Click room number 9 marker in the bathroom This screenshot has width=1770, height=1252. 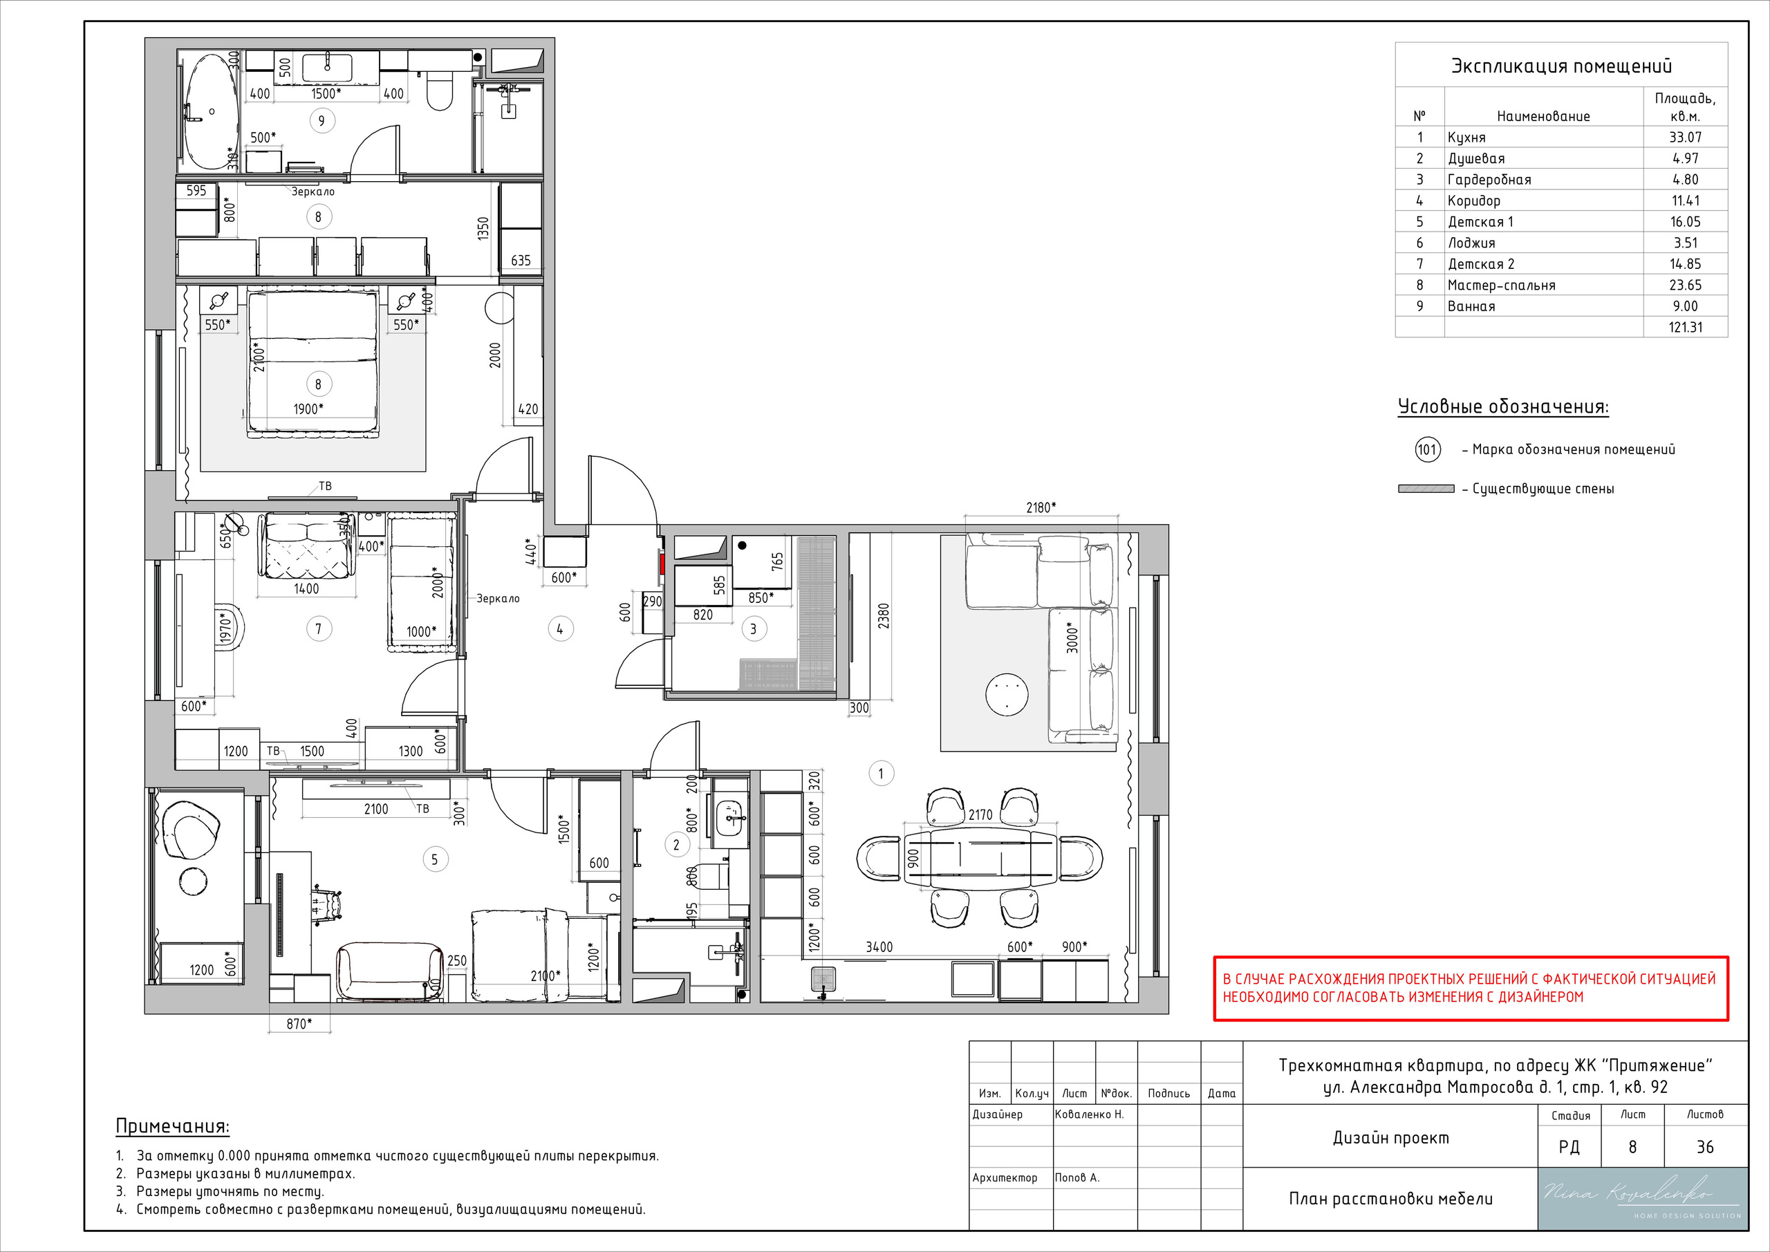tap(322, 120)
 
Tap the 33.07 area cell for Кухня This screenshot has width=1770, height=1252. tap(1685, 137)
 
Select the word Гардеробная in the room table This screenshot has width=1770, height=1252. tap(1489, 180)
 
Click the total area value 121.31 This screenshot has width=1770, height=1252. tap(1685, 327)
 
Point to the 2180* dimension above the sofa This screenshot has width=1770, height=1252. tap(1041, 507)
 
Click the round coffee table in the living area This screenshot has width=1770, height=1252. tap(1007, 695)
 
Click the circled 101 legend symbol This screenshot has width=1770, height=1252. tap(1428, 449)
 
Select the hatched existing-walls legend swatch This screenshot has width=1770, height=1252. tap(1426, 489)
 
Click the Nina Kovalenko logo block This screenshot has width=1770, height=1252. tap(1643, 1199)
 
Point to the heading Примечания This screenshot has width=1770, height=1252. tap(173, 1126)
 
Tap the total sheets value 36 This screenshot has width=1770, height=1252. tap(1704, 1147)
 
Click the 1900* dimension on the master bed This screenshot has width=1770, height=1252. tap(308, 409)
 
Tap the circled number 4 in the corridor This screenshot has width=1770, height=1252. tap(559, 629)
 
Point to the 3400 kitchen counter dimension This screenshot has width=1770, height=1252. tap(879, 946)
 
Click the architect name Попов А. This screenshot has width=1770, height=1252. tap(1077, 1177)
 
